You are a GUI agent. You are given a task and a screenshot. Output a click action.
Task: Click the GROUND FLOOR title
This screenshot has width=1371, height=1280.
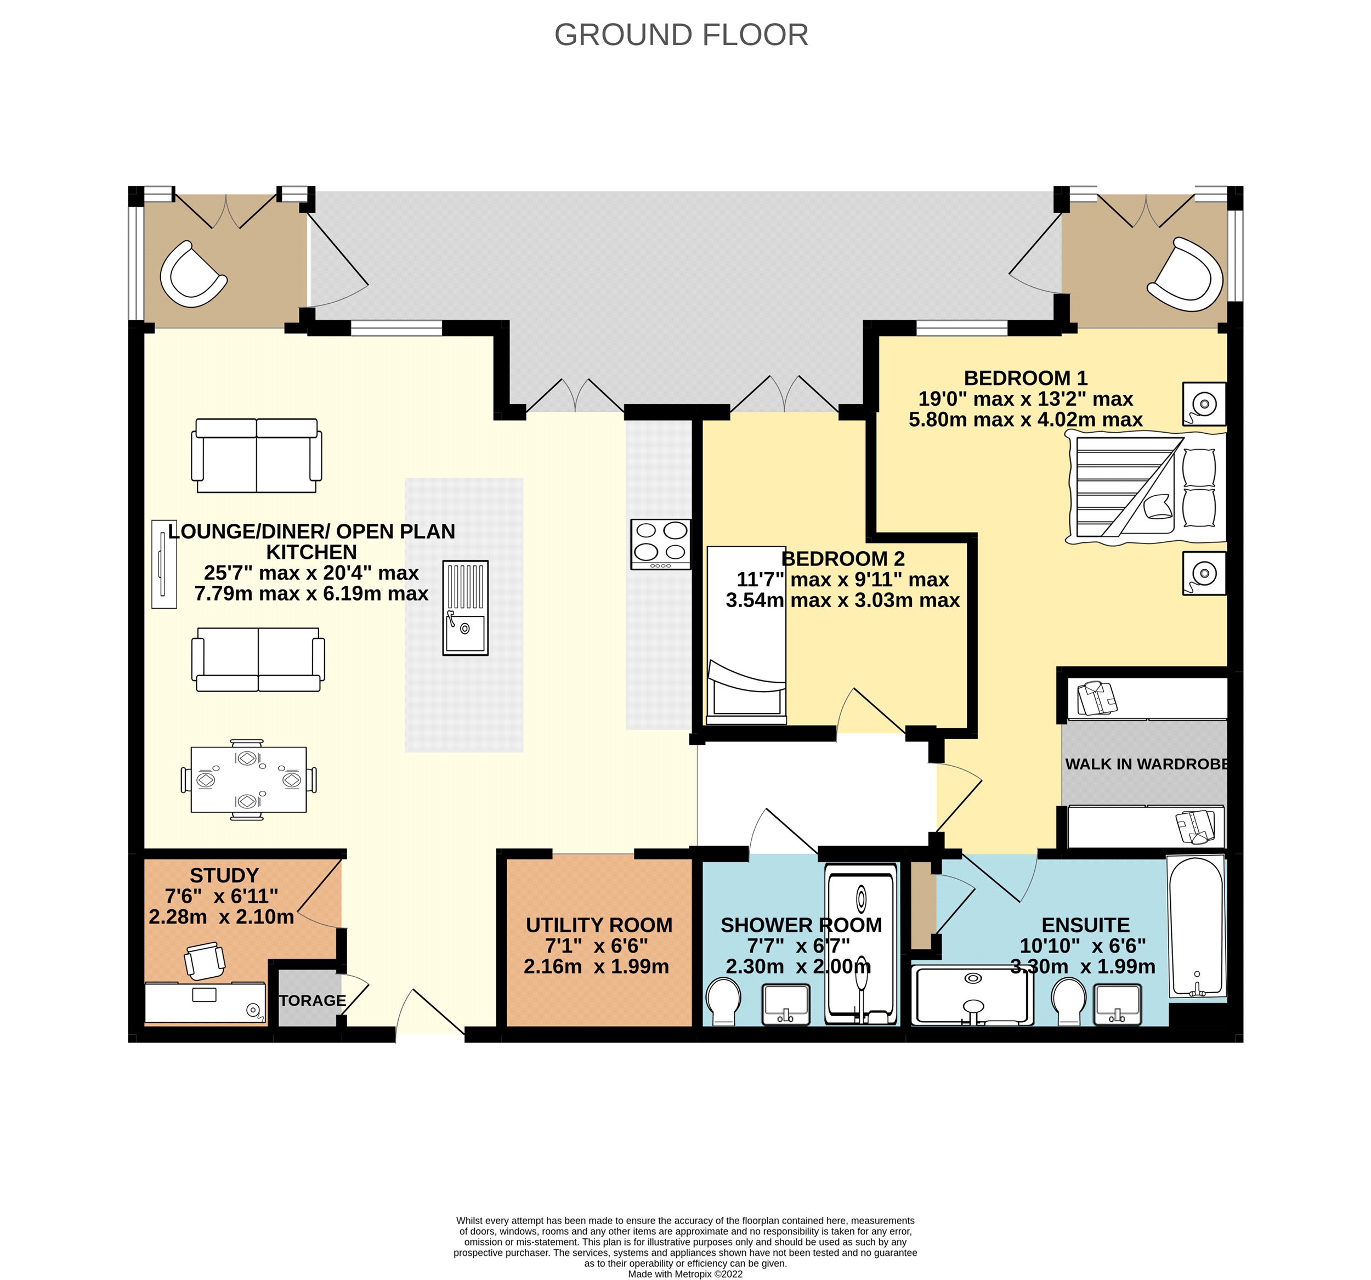click(x=681, y=35)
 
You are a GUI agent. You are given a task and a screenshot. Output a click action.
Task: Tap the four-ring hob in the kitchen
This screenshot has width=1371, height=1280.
click(x=661, y=544)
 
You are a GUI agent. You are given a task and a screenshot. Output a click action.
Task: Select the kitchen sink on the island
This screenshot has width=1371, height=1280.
click(x=466, y=608)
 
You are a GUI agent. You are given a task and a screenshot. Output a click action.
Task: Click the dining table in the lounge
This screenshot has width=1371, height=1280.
click(x=248, y=779)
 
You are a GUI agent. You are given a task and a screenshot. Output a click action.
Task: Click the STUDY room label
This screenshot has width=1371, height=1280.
click(x=224, y=875)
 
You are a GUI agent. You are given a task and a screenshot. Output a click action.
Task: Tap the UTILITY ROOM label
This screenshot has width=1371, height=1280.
click(x=599, y=925)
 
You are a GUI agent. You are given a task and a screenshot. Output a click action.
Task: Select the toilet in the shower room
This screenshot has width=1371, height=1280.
click(x=723, y=1001)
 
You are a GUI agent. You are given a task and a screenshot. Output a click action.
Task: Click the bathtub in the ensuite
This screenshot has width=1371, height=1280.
click(x=1197, y=926)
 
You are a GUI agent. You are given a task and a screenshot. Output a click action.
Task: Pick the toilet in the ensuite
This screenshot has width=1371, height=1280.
click(x=1069, y=1001)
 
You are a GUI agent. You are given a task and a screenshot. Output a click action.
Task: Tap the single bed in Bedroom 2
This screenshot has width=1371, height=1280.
click(x=747, y=635)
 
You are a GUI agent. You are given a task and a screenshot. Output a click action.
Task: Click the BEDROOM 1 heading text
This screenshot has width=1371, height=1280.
click(x=1026, y=378)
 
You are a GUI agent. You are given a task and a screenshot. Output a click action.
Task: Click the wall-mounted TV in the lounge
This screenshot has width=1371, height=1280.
click(x=164, y=563)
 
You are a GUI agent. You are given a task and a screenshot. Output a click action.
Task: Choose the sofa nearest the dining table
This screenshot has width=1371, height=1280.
click(x=258, y=659)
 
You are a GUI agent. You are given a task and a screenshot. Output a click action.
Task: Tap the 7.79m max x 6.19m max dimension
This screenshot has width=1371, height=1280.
click(x=311, y=593)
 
